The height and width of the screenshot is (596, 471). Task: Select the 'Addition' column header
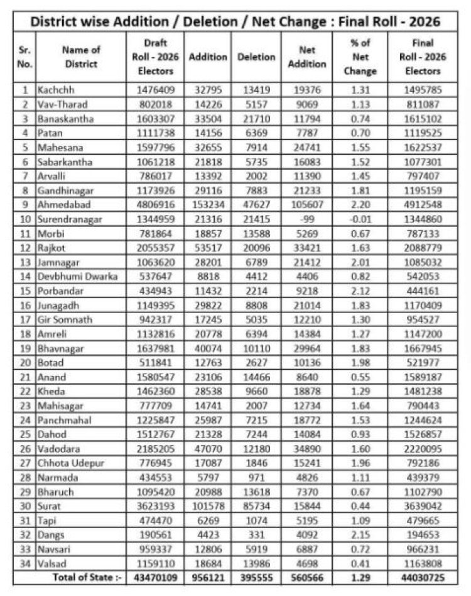click(208, 57)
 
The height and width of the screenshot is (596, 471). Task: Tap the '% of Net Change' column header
click(360, 57)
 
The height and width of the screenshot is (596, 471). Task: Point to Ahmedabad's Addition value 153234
click(208, 204)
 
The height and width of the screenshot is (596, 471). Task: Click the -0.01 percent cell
click(360, 219)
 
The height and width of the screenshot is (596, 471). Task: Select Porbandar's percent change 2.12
click(360, 290)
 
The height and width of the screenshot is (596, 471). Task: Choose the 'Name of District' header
click(80, 57)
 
